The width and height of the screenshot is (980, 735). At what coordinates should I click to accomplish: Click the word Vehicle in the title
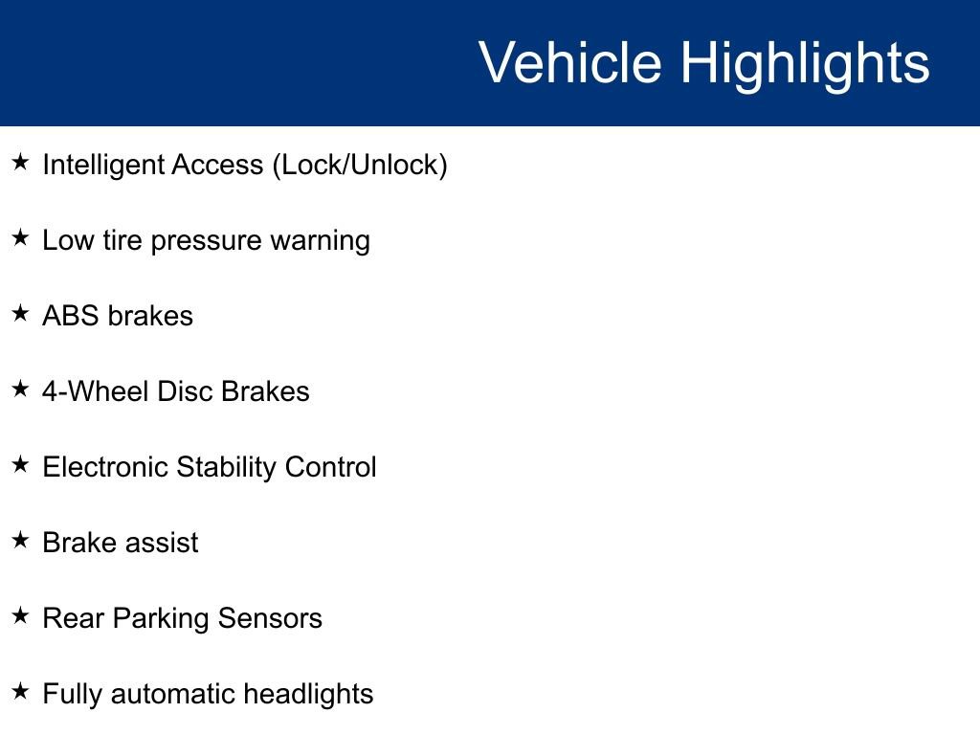pos(569,63)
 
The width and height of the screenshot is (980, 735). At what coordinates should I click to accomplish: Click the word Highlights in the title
pos(805,63)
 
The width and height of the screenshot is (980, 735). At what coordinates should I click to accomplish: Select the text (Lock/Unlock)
pos(360,166)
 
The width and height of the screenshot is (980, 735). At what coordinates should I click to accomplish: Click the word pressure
pos(206,241)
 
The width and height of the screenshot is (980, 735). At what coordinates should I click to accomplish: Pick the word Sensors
pos(270,618)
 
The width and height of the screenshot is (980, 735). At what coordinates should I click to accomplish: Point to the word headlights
pos(308,694)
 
